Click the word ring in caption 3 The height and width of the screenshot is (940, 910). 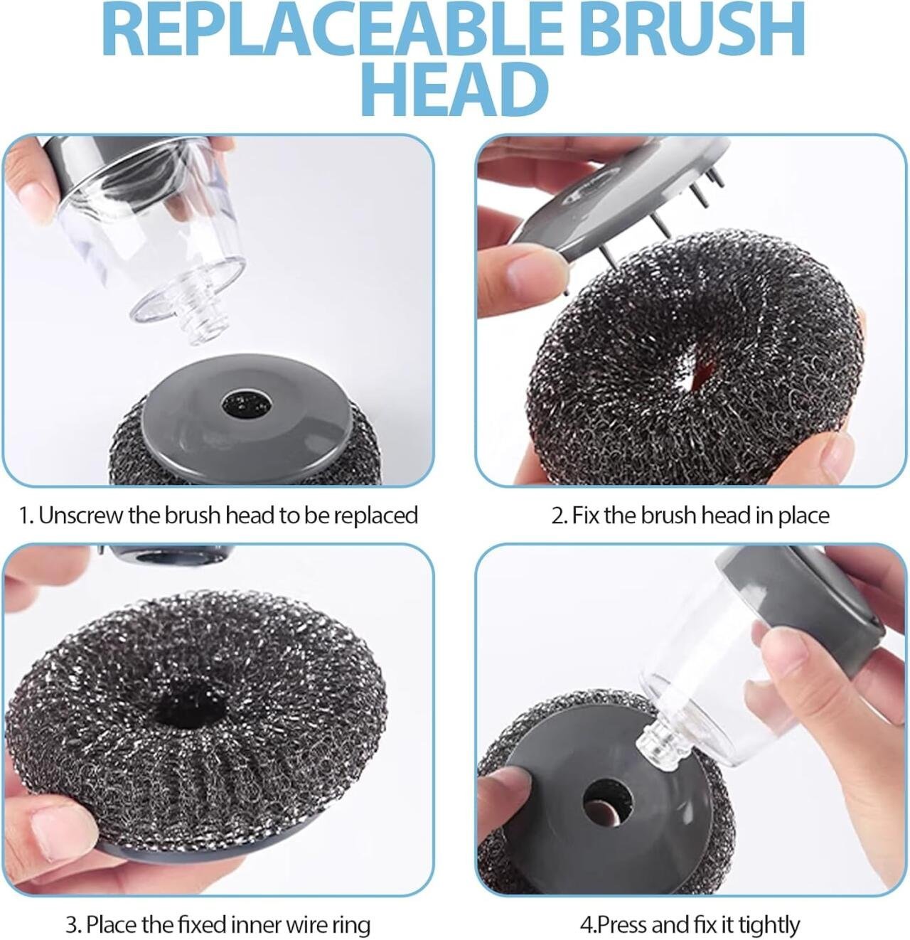[351, 925]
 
